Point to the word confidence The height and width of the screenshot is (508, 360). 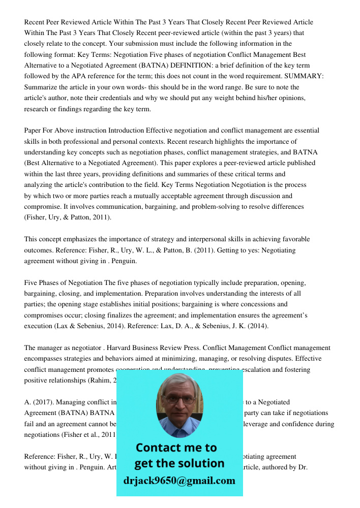(303, 424)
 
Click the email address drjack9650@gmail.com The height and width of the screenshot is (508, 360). (179, 480)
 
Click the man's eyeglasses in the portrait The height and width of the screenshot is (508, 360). (179, 399)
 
